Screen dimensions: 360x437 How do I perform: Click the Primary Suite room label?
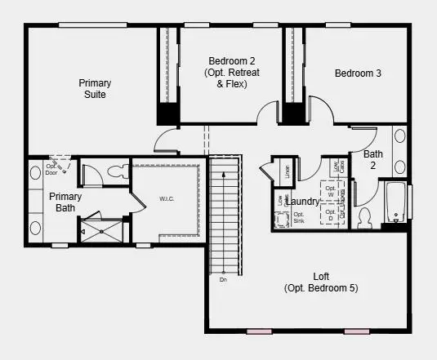pos(95,88)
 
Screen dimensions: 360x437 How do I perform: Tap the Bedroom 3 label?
pos(358,73)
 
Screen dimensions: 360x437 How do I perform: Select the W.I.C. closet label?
pos(168,198)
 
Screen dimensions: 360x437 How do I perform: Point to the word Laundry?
pos(303,201)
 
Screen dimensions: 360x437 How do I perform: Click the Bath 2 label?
pos(373,159)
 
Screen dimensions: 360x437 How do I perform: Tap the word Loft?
pos(321,276)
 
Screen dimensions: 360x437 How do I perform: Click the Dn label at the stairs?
pos(223,280)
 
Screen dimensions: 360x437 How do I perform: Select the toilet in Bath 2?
pos(365,217)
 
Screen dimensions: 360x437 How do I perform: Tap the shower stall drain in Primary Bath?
pos(101,231)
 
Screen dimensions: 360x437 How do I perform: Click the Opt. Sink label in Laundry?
pos(299,219)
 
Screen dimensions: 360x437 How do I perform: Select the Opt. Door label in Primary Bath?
pos(51,169)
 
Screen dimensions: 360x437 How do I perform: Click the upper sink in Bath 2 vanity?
pos(400,136)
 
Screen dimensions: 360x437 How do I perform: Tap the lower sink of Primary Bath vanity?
pos(36,228)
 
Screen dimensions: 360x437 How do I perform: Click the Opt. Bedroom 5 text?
pos(321,288)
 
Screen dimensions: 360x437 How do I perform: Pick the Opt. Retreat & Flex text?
pos(231,78)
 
